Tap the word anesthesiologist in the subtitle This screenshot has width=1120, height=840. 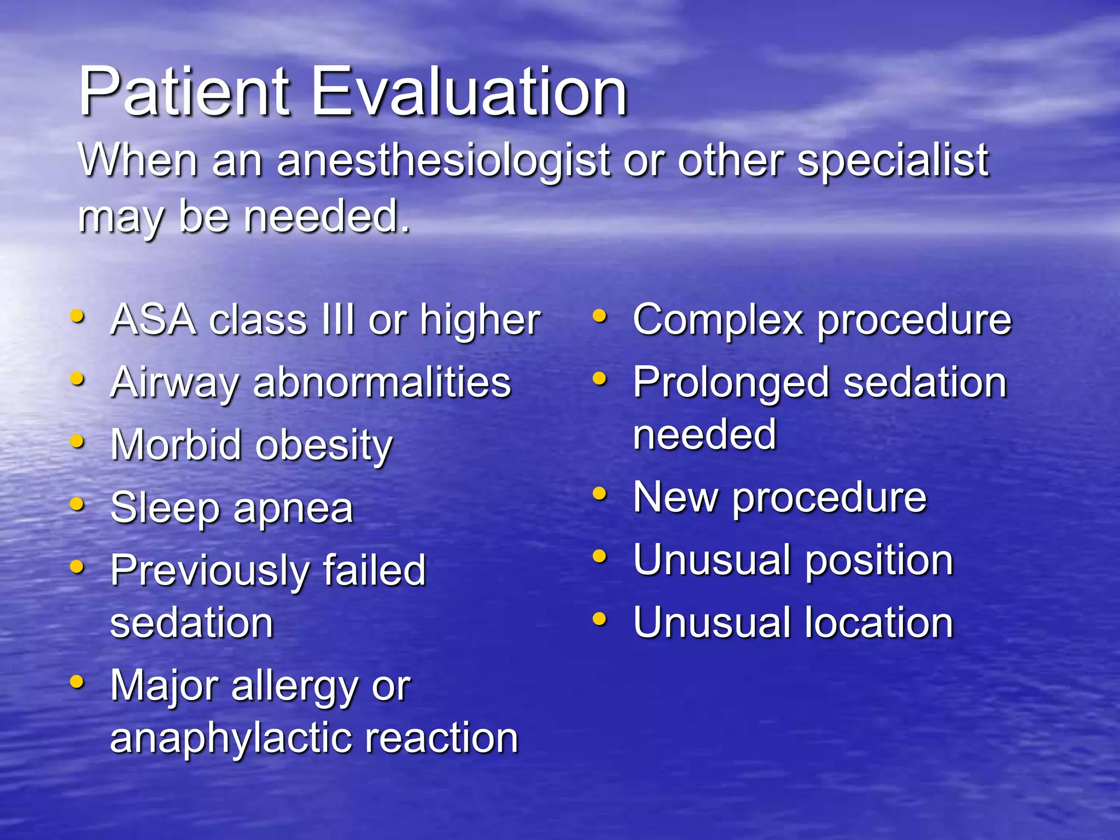coord(443,161)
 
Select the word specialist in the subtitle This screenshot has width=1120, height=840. coord(892,161)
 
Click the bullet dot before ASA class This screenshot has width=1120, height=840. coord(78,316)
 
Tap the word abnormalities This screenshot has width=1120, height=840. coord(382,382)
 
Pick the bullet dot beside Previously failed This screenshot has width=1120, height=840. coord(78,567)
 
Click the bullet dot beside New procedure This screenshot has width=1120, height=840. coord(600,494)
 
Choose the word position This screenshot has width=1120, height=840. coord(879,561)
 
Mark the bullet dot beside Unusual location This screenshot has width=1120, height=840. coord(600,619)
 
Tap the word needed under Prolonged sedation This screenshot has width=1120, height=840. coord(704,434)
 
